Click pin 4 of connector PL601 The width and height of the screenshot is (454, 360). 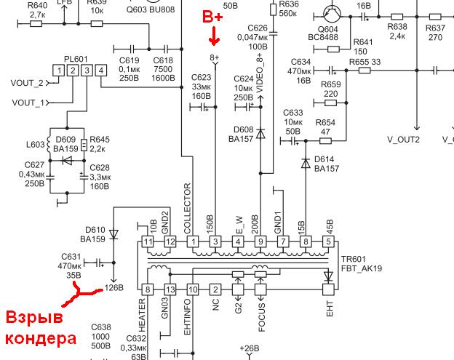point(101,71)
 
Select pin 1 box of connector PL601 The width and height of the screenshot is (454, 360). point(59,71)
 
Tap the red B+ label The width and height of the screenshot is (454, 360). point(212,17)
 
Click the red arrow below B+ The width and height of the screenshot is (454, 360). point(214,36)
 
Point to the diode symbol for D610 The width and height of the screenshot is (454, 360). point(113,234)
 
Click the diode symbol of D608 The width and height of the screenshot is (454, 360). point(260,133)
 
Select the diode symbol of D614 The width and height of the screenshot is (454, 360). point(306,163)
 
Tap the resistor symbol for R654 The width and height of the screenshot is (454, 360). point(325,141)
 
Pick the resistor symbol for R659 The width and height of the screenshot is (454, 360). point(330,103)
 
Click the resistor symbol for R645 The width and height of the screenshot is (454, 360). point(84,145)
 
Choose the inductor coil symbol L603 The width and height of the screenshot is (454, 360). point(49,144)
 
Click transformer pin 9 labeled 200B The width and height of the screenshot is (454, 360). point(260,241)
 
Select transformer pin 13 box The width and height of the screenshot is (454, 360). point(170,289)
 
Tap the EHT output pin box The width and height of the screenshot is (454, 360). point(328,289)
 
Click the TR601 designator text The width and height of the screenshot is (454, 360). point(354,259)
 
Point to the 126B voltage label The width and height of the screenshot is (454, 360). point(114,288)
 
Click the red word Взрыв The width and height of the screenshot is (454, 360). point(34,318)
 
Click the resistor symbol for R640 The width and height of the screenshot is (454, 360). point(36,24)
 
